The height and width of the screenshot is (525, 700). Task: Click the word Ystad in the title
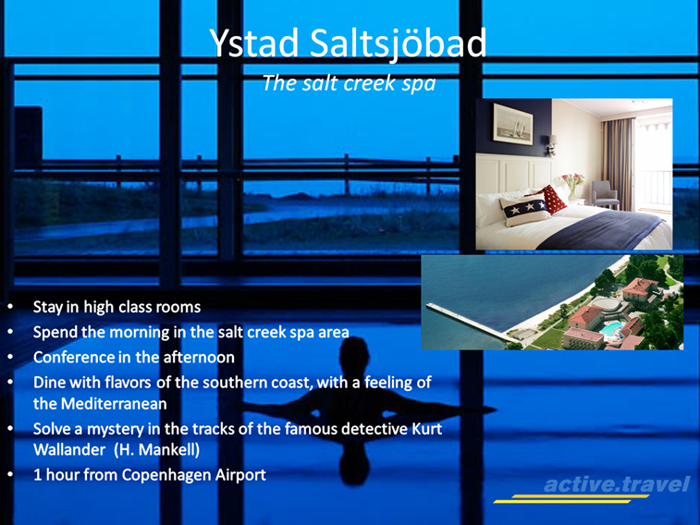(x=254, y=43)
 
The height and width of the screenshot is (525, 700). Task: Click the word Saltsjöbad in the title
(x=398, y=44)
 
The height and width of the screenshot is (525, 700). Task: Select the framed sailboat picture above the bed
(x=513, y=123)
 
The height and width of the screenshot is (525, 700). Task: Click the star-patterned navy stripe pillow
(x=524, y=209)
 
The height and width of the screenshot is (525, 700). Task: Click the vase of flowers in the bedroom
(x=572, y=186)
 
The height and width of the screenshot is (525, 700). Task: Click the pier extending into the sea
(x=468, y=321)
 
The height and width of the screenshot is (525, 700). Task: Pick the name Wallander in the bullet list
(x=69, y=449)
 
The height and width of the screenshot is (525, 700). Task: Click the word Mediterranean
(x=114, y=404)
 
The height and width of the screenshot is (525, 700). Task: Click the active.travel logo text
(x=617, y=484)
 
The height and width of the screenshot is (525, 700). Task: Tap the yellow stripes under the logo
(x=571, y=499)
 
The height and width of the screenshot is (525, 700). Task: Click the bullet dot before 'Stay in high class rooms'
(x=10, y=307)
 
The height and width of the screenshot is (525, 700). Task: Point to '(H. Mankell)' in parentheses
(x=156, y=449)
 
